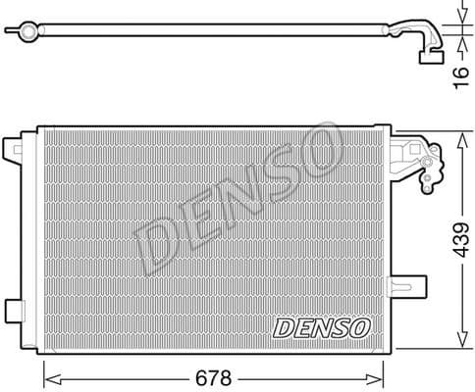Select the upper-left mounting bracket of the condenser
tap(13, 148)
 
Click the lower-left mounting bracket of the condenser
tap(13, 312)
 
